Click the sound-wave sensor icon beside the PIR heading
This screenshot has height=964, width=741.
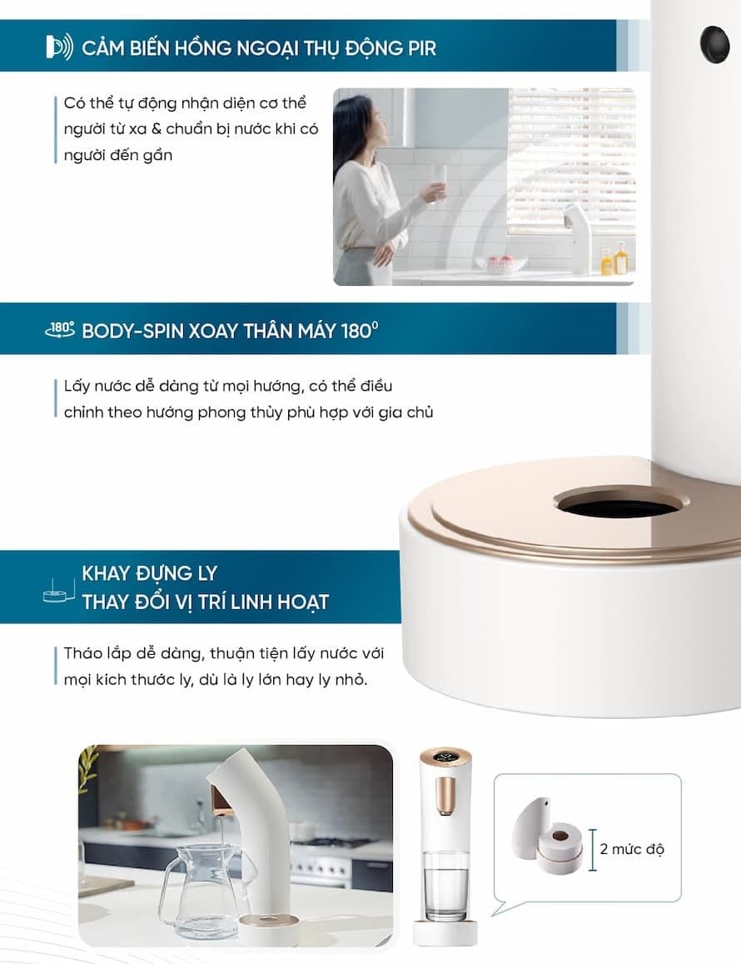tap(60, 47)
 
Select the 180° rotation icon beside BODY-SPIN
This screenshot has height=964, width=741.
tap(60, 330)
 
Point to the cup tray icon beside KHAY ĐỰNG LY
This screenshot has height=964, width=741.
tap(58, 590)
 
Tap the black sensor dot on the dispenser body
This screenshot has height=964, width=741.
tap(714, 44)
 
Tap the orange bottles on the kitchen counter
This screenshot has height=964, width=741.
tap(614, 258)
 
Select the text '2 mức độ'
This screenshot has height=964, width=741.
tap(632, 849)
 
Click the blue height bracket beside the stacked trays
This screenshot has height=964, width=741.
tap(592, 850)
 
